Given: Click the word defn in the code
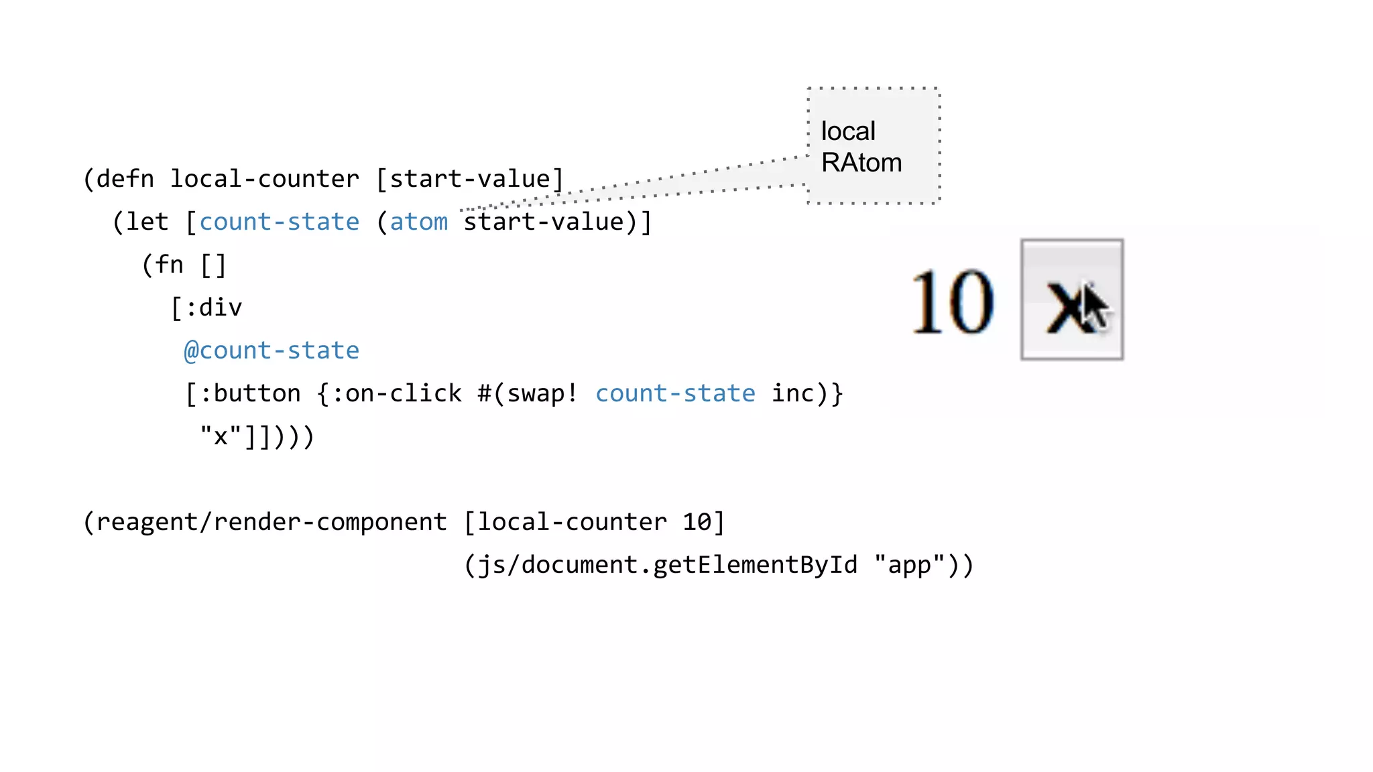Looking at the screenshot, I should pyautogui.click(x=125, y=180).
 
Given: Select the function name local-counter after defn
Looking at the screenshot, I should pyautogui.click(x=265, y=180).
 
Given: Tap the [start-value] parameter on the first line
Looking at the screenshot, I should pyautogui.click(x=470, y=180).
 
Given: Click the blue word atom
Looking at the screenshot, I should pyautogui.click(x=419, y=222).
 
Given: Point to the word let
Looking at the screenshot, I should pyautogui.click(x=147, y=222).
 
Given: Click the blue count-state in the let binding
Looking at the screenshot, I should pyautogui.click(x=280, y=222).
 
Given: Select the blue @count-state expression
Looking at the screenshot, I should pyautogui.click(x=272, y=350).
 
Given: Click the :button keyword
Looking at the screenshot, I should pyautogui.click(x=250, y=393).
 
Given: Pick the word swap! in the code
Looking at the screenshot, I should pyautogui.click(x=542, y=393).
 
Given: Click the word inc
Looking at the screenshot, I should pyautogui.click(x=792, y=393).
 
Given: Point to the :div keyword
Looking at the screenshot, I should pyautogui.click(x=213, y=308).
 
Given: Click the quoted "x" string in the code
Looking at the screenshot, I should pyautogui.click(x=221, y=436).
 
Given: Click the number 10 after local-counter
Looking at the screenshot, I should pyautogui.click(x=697, y=522).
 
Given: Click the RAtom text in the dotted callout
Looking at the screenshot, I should pyautogui.click(x=861, y=163).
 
